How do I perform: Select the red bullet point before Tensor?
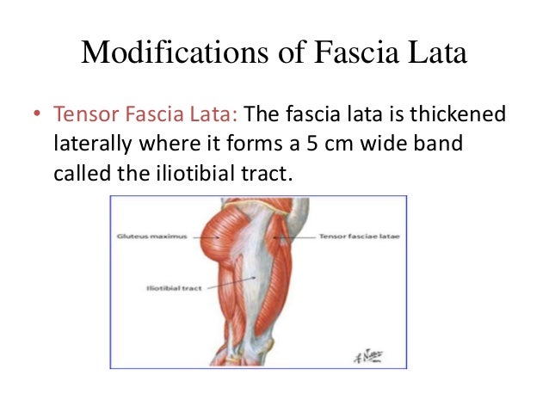pyautogui.click(x=36, y=114)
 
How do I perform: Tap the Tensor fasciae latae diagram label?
pyautogui.click(x=354, y=234)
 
